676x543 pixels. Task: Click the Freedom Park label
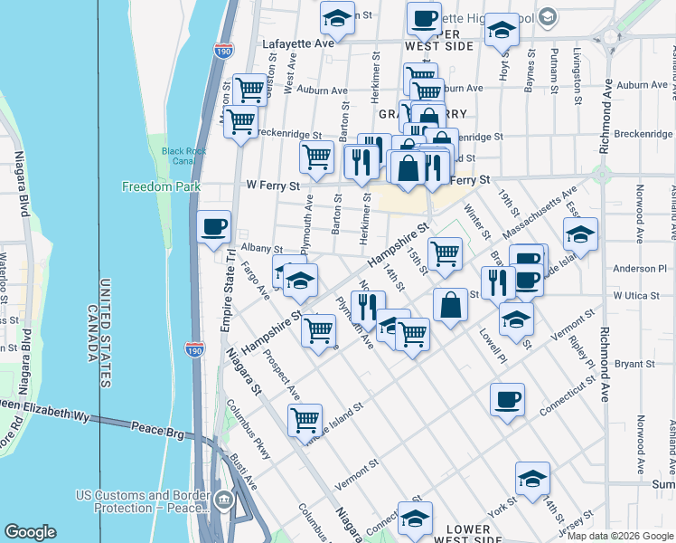[x=150, y=187]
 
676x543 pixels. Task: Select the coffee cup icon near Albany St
[x=214, y=227]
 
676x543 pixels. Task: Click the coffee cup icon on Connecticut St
[x=507, y=399]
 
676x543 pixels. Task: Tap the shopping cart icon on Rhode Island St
[x=305, y=419]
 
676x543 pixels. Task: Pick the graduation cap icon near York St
[x=532, y=479]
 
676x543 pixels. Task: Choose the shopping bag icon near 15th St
[x=450, y=305]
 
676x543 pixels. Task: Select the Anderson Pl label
[x=639, y=269]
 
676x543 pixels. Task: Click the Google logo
[x=31, y=531]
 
